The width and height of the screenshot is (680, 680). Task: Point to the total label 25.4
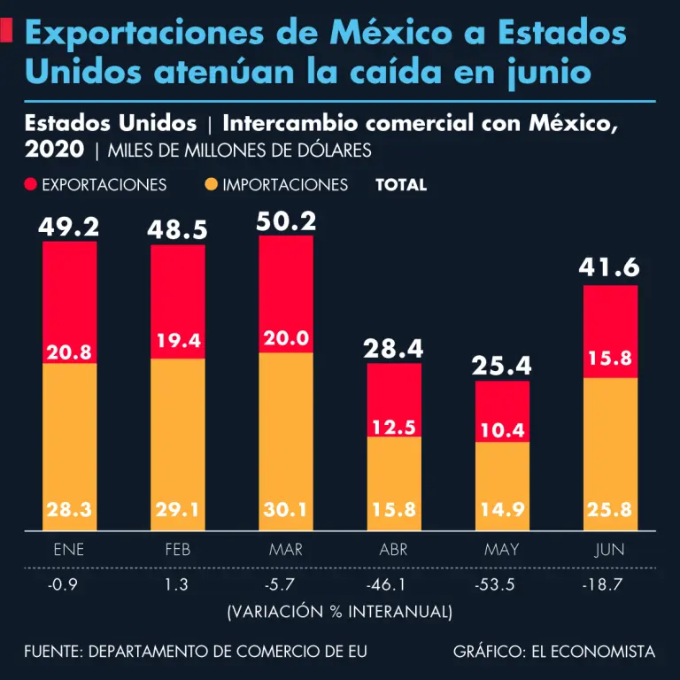tap(502, 365)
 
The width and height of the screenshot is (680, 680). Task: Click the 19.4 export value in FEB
tap(178, 340)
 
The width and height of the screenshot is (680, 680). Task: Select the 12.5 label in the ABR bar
tap(394, 428)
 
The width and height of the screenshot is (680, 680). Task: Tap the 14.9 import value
tap(502, 510)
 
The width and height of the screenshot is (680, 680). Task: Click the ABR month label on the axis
tap(394, 550)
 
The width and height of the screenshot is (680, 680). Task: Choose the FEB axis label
tap(178, 550)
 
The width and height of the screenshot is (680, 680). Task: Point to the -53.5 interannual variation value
tap(502, 586)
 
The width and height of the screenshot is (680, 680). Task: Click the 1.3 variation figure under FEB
tap(178, 586)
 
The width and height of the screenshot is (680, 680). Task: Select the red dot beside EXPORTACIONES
tap(31, 185)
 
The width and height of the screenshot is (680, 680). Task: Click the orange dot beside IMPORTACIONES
tap(212, 185)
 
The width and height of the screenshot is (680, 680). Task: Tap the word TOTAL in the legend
tap(401, 185)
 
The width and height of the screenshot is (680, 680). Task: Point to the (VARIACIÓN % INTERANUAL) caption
tap(340, 612)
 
